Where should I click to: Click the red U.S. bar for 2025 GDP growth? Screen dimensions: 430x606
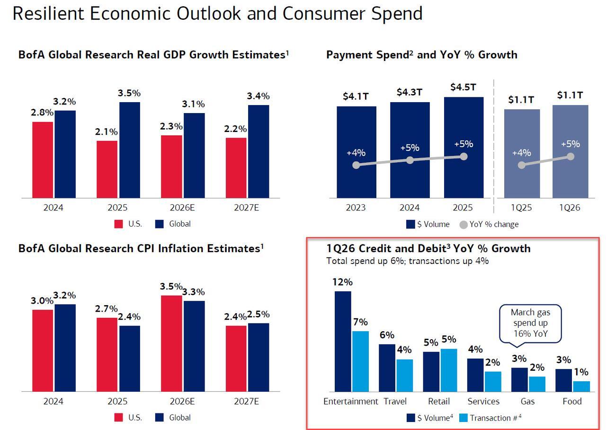click(107, 169)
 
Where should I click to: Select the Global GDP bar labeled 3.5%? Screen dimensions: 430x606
click(129, 150)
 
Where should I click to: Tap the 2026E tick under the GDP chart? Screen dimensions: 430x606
click(182, 207)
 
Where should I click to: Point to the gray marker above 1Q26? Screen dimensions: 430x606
click(570, 157)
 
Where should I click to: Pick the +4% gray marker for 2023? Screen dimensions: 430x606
click(356, 165)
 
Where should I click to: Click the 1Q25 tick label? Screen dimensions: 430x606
click(522, 208)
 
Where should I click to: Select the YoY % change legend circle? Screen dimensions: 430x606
click(464, 225)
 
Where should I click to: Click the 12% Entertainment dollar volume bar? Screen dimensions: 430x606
click(343, 342)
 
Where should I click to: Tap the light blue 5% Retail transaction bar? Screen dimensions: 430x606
click(449, 370)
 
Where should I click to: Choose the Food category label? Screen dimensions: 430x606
click(572, 401)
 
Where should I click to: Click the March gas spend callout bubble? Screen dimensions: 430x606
click(530, 324)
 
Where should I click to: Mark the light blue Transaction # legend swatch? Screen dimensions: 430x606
click(464, 418)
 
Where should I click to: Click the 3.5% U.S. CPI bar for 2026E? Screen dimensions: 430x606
click(171, 343)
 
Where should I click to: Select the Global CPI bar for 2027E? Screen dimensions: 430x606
click(258, 357)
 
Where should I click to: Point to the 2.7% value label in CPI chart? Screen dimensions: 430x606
click(107, 309)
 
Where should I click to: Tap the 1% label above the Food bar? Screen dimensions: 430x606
click(581, 372)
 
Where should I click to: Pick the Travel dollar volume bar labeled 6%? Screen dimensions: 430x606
click(387, 368)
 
